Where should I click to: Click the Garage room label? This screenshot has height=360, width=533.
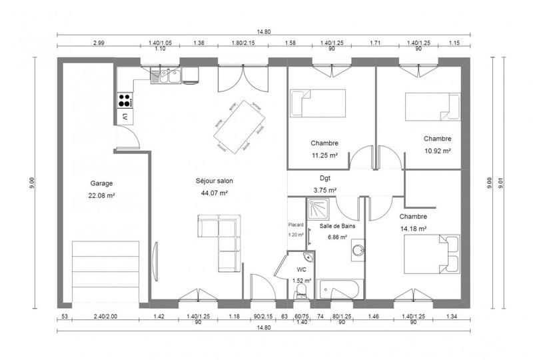point(102,183)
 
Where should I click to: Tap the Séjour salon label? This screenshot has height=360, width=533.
point(214,181)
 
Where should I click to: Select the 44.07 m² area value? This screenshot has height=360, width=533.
point(214,193)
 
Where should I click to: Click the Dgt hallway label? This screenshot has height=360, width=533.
point(324,178)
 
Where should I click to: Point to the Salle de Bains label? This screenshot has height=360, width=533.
point(337,226)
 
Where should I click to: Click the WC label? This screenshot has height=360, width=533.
point(301,270)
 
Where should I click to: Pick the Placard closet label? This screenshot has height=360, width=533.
point(296,225)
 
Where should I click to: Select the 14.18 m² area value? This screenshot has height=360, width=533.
point(413,229)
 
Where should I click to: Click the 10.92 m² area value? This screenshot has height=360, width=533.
point(437,151)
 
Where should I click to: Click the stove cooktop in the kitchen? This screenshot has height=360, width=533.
point(125,101)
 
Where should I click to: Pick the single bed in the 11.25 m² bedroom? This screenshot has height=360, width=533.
point(318,103)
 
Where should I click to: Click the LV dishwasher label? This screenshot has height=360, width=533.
point(125,117)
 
